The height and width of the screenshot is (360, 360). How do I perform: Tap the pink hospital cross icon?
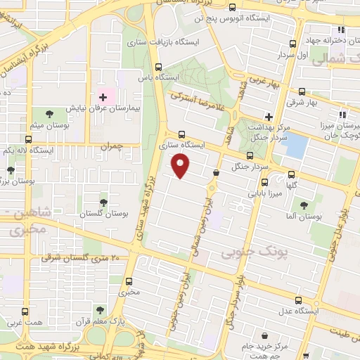pyautogui.click(x=103, y=96)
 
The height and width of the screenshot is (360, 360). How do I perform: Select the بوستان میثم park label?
pyautogui.click(x=48, y=125)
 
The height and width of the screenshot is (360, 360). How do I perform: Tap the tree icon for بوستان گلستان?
pyautogui.click(x=103, y=202)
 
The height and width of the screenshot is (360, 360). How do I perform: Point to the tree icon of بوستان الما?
pyautogui.click(x=304, y=205)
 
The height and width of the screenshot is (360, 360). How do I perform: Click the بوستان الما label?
pyautogui.click(x=304, y=217)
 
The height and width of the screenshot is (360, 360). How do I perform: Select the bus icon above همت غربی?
pyautogui.click(x=25, y=311)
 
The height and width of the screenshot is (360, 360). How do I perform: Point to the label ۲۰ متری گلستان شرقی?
pyautogui.click(x=80, y=258)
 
